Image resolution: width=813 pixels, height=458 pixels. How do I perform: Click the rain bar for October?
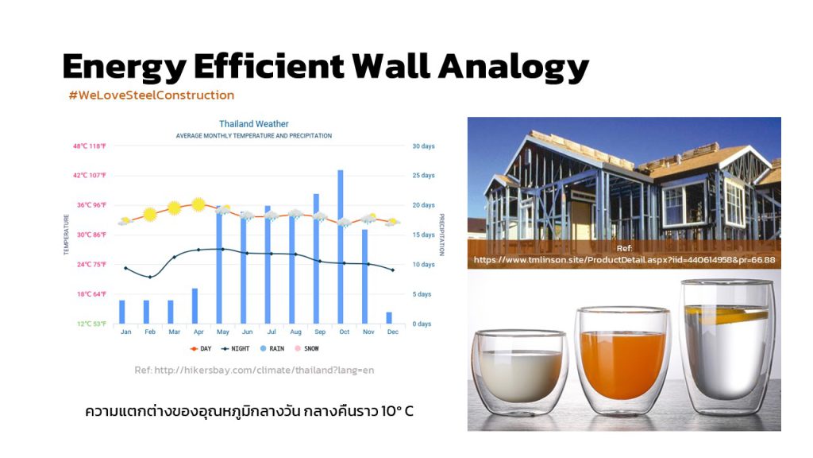(340, 246)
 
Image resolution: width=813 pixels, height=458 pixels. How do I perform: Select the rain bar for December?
(389, 318)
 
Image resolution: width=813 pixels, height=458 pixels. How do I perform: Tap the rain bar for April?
(195, 306)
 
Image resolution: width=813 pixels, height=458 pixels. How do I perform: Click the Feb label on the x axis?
(150, 332)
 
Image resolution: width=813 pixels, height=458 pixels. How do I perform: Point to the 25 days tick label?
(424, 176)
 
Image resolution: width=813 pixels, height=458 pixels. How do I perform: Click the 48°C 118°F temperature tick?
(89, 146)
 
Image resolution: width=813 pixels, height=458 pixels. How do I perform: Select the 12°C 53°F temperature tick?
(92, 324)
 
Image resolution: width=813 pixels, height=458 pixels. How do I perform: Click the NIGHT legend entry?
(235, 349)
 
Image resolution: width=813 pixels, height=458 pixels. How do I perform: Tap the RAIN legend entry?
(272, 349)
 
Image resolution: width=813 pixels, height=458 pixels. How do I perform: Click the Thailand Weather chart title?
(253, 124)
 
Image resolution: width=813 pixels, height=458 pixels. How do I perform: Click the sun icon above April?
(198, 204)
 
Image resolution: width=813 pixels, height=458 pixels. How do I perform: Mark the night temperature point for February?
(150, 278)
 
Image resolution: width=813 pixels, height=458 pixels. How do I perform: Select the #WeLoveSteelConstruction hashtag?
(152, 95)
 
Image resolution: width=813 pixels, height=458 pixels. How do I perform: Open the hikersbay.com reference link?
(254, 371)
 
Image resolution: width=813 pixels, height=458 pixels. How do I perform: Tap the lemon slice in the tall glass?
(726, 313)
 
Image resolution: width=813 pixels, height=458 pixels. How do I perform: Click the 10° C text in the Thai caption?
(397, 412)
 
